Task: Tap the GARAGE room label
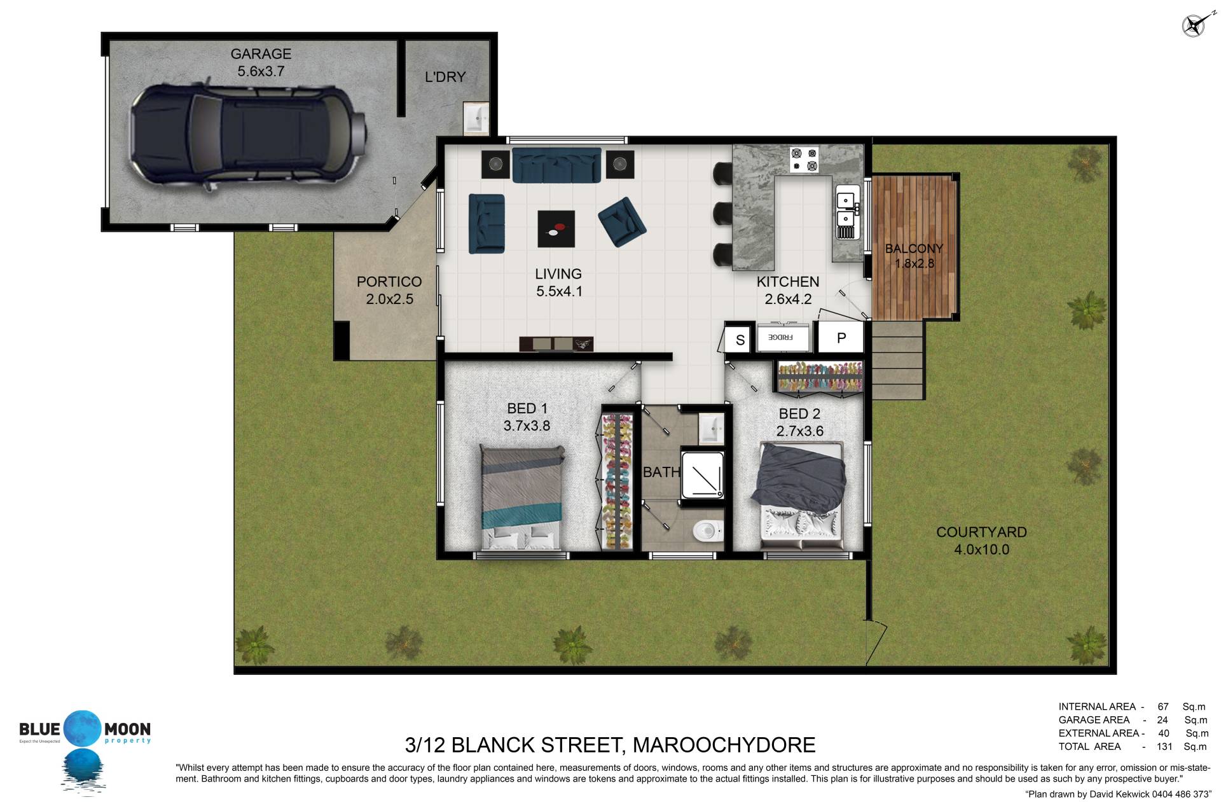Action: point(261,54)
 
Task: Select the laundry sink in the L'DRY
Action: point(475,118)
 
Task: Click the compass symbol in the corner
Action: point(1194,25)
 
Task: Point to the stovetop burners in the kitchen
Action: point(804,160)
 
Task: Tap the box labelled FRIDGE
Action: point(783,337)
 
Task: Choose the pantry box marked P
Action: point(840,337)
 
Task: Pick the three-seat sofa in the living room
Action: point(556,165)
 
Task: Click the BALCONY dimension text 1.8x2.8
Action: point(914,263)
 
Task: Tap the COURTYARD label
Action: point(981,532)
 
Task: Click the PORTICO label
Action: point(389,282)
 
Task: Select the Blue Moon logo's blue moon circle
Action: point(83,728)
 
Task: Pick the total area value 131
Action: point(1164,747)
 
